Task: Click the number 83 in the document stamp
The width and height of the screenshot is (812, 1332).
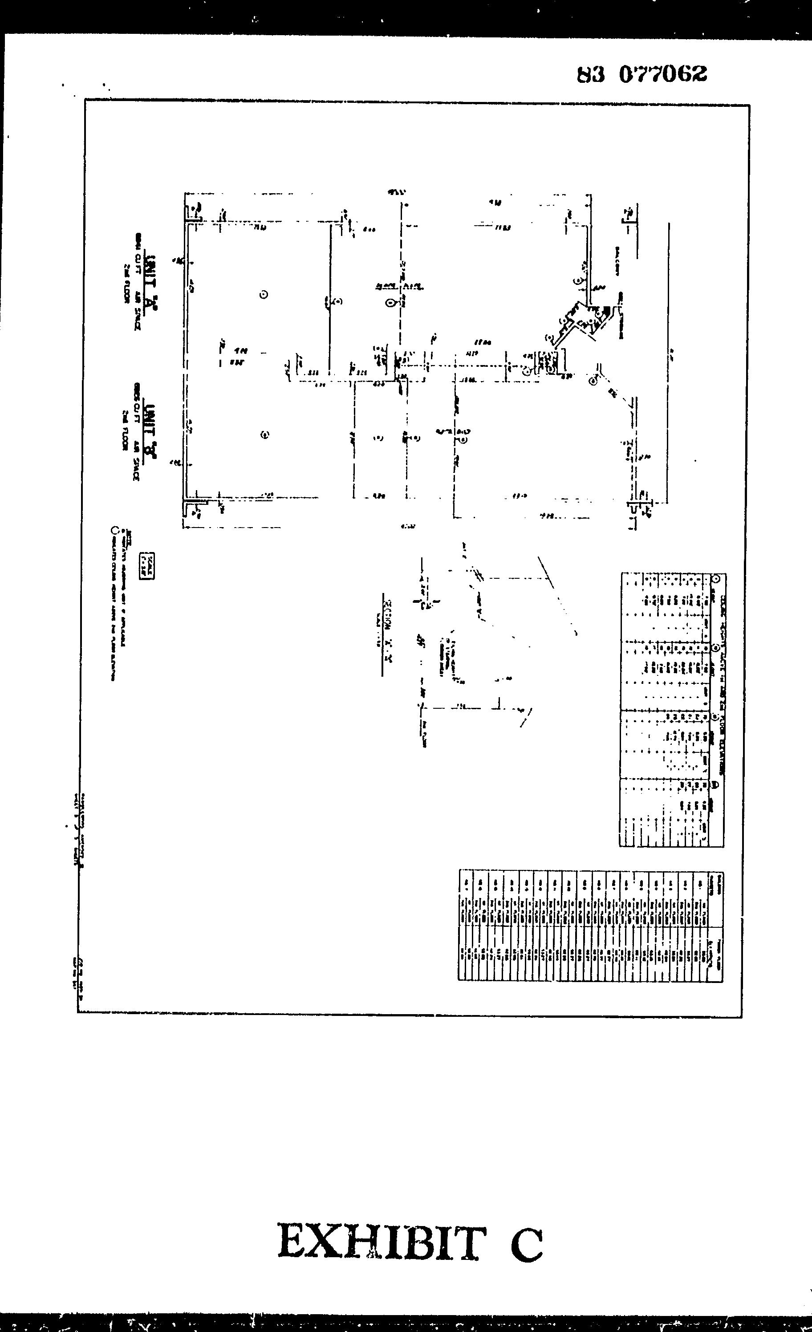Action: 591,75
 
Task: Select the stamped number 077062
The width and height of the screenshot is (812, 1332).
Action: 663,74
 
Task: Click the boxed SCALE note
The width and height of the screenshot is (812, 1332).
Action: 146,566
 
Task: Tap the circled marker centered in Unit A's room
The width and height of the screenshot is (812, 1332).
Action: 264,295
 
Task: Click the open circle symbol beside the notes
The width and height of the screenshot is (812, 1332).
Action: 114,530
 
